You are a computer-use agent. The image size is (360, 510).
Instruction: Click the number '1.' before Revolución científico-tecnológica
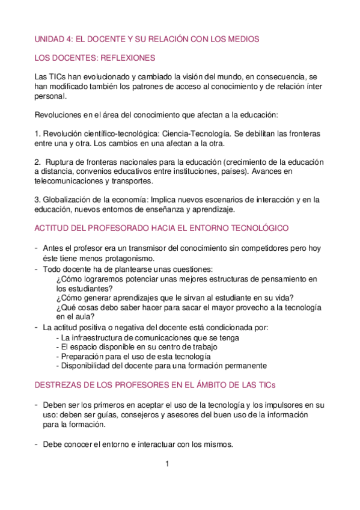[38, 133]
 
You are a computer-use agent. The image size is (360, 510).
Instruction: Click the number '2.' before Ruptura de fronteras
[38, 162]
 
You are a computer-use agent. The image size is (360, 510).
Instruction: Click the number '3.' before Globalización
[38, 200]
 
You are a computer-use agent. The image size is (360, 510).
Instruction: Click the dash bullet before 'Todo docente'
[37, 268]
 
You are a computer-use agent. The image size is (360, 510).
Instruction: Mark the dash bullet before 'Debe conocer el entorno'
[37, 444]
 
